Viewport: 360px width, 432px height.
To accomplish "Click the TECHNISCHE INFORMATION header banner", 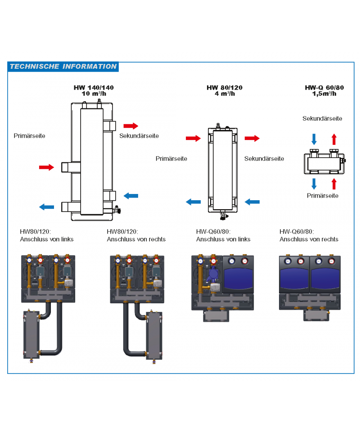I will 63,67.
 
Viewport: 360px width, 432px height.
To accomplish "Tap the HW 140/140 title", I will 94,88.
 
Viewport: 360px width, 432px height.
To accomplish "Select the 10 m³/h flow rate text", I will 94,94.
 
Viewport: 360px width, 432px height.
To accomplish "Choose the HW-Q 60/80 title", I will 324,88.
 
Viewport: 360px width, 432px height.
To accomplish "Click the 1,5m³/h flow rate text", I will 324,94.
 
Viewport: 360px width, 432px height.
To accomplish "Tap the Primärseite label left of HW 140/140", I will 29,135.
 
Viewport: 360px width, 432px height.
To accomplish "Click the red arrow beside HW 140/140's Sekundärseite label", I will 131,126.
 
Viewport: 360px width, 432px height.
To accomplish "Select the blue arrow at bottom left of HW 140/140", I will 46,207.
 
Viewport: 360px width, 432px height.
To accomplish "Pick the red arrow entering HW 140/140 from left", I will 46,167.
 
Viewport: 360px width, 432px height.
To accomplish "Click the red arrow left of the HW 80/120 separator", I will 193,139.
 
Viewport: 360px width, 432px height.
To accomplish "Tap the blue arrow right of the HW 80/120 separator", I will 252,202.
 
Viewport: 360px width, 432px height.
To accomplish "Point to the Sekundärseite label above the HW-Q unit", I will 322,118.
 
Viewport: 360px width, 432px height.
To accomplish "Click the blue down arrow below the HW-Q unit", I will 314,183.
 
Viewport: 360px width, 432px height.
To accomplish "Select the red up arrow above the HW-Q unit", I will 333,138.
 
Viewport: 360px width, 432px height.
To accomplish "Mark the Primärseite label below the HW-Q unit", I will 322,196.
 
